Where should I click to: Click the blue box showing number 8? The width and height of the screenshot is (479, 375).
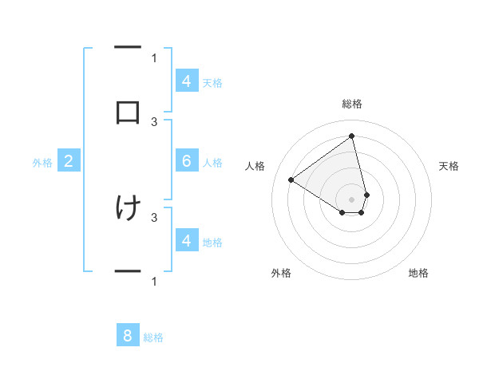(x=128, y=335)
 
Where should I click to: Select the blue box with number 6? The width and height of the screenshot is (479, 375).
(x=186, y=161)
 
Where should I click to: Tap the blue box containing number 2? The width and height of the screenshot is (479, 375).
(x=68, y=162)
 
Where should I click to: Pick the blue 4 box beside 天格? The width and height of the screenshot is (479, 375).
(x=186, y=81)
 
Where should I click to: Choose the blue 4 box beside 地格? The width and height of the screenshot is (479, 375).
(x=186, y=241)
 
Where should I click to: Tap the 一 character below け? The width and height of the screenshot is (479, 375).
(x=128, y=272)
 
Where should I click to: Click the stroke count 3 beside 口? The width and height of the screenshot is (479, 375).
(x=154, y=121)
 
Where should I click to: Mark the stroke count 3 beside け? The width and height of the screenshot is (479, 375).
(x=154, y=216)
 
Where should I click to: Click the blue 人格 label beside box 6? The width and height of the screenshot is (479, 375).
(x=212, y=163)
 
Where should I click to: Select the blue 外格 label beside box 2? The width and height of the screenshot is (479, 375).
(x=42, y=163)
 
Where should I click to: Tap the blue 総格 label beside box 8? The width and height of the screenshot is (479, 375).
(x=153, y=337)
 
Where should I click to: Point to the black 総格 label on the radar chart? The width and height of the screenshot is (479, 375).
(x=352, y=104)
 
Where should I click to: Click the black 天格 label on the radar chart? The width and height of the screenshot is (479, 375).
(x=449, y=166)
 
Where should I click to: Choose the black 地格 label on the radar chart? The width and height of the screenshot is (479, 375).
(x=418, y=274)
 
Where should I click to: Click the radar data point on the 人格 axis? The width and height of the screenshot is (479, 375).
(x=291, y=180)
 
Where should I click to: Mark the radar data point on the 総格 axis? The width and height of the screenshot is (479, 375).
(x=352, y=136)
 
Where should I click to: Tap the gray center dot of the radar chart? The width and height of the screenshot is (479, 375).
(x=352, y=199)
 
